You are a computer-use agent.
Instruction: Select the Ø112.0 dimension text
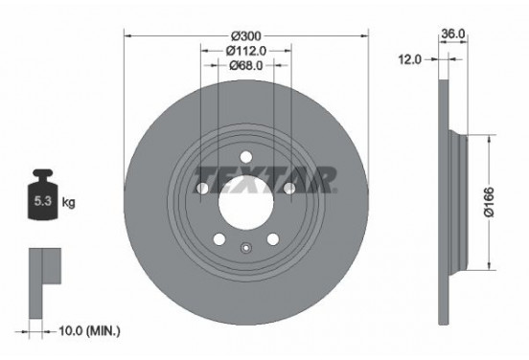[x=246, y=51]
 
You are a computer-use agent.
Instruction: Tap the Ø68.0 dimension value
[x=245, y=66]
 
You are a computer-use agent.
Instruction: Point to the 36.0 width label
[x=453, y=33]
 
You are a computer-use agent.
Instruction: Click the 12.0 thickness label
[x=409, y=59]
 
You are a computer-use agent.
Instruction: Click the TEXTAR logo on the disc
[x=265, y=178]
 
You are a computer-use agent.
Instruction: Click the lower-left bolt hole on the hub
[x=218, y=240]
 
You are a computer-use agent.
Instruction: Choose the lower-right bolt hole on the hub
[x=273, y=240]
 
